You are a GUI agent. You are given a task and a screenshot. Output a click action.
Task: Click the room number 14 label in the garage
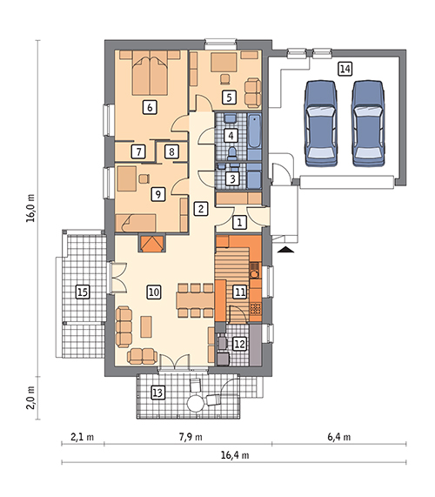(345, 69)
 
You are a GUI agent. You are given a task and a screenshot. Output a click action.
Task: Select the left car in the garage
(321, 124)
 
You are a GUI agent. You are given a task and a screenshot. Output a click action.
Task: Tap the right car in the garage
(368, 124)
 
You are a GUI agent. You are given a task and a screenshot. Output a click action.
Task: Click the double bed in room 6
(150, 73)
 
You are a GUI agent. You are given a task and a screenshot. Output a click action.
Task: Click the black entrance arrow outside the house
(285, 250)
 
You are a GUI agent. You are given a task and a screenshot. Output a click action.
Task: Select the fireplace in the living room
(151, 244)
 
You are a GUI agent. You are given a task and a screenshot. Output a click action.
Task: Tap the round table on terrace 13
(195, 403)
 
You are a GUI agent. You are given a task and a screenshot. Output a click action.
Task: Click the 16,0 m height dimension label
(30, 208)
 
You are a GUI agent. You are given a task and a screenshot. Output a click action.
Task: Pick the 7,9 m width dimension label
(191, 437)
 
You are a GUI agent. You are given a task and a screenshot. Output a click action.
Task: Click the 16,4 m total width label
(235, 455)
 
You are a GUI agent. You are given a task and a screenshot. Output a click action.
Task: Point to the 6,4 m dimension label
(338, 437)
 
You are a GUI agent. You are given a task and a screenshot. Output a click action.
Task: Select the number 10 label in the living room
(154, 292)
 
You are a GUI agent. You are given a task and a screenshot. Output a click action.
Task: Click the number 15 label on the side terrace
(83, 292)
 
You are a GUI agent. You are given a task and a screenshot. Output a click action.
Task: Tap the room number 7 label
(138, 151)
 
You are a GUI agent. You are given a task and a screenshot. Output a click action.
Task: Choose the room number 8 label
(171, 151)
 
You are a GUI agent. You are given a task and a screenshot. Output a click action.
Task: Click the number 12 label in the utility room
(239, 344)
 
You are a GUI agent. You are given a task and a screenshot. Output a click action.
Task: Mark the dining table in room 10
(195, 300)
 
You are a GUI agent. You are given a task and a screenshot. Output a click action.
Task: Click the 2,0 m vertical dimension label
(30, 398)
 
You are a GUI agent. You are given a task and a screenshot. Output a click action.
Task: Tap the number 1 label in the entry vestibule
(239, 222)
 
